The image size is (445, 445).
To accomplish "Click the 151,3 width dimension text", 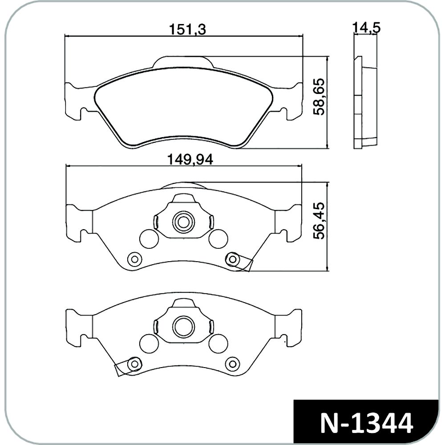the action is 187,29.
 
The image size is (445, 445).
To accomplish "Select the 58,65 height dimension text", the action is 319,97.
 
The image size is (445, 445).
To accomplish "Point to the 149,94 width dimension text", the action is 190,159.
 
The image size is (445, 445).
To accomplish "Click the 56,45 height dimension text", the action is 319,221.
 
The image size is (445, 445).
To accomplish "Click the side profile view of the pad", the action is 366,102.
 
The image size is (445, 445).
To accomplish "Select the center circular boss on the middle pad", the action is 183,222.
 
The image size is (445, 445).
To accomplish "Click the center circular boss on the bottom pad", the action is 183,326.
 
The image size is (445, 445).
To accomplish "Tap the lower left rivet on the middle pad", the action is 134,259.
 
